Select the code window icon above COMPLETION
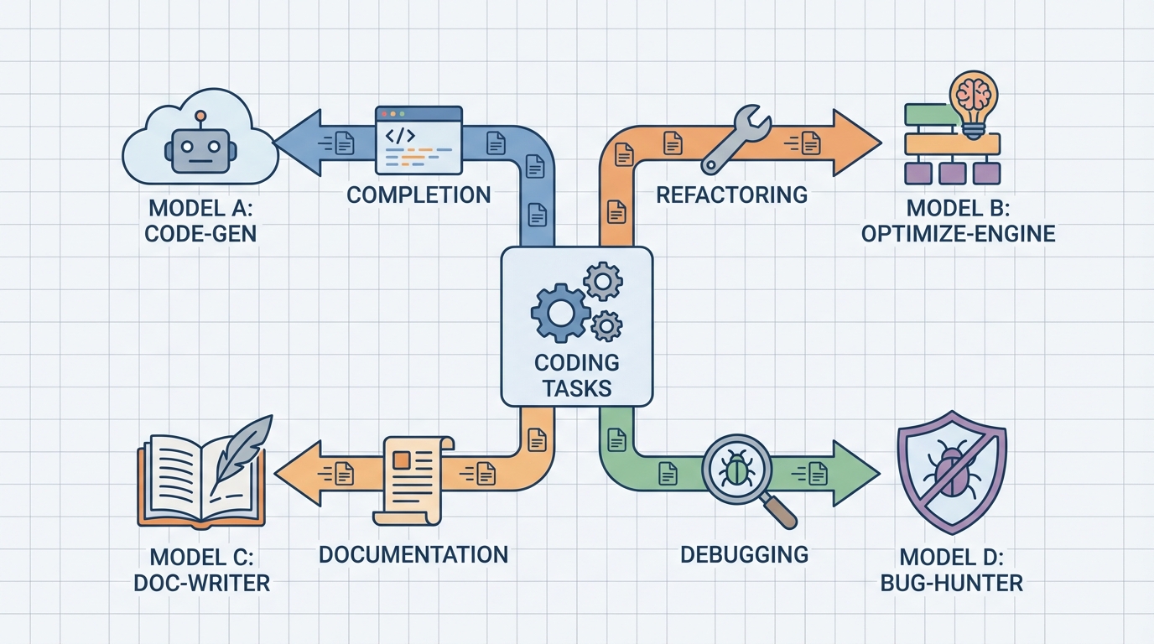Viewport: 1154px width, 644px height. [x=418, y=139]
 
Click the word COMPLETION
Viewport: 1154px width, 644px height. [x=418, y=195]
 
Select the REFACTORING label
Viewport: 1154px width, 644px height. [x=731, y=195]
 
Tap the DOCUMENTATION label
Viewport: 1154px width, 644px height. [x=413, y=554]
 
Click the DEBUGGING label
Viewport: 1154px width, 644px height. [x=744, y=554]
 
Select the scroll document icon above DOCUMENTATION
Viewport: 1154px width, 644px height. [x=413, y=478]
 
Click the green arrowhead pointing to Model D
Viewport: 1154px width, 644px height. [x=855, y=475]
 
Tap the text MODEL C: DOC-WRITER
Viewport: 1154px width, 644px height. [x=201, y=569]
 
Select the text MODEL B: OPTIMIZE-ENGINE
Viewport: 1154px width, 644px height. [x=958, y=221]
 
